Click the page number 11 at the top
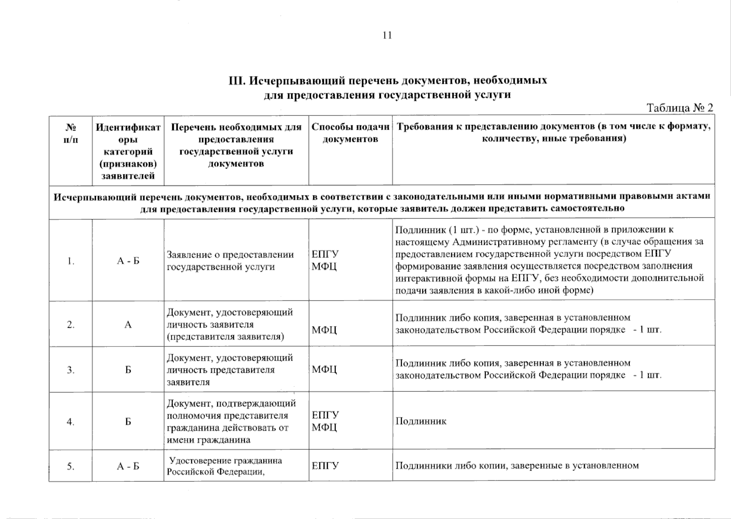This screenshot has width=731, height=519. click(x=387, y=35)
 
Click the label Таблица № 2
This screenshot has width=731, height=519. click(x=680, y=108)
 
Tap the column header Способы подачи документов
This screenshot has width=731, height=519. click(x=350, y=133)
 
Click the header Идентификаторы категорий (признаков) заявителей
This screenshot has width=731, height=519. click(x=128, y=151)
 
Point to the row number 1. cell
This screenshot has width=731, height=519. click(x=71, y=261)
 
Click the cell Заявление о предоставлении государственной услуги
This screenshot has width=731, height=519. click(x=230, y=261)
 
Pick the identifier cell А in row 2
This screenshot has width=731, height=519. click(x=128, y=325)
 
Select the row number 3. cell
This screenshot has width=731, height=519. click(x=71, y=370)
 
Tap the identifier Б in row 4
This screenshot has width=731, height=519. click(x=128, y=422)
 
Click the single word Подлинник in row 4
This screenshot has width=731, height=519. click(x=421, y=421)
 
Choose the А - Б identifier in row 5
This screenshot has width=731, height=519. click(x=128, y=466)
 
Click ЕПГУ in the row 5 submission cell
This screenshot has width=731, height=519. click(x=325, y=466)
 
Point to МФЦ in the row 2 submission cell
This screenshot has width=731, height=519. click(x=324, y=330)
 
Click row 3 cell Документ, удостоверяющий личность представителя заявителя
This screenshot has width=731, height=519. click(x=230, y=370)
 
